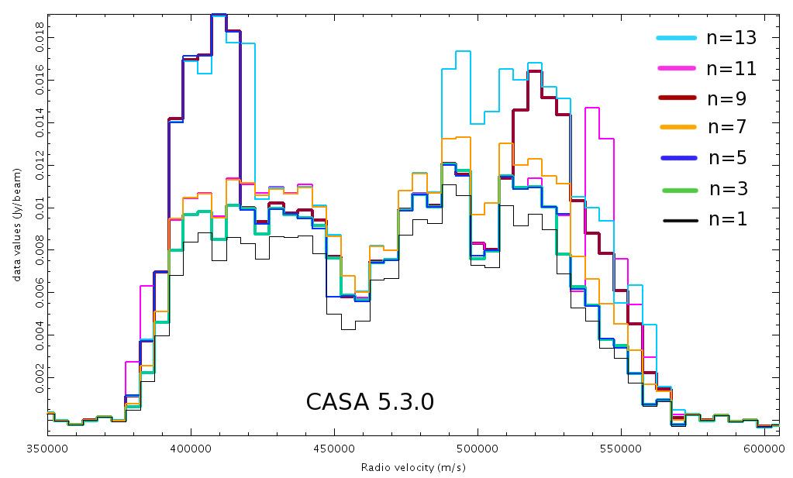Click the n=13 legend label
pos(731,38)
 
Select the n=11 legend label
pos(731,68)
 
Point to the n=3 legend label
pos(728,189)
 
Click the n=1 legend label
pos(728,219)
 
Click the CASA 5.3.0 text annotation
pos(370,402)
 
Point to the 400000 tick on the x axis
pos(191,449)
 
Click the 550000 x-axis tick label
pos(621,449)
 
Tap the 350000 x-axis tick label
pos(47,449)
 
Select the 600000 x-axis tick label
pos(764,449)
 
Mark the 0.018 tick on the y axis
pos(40,38)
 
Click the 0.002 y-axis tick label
pos(40,379)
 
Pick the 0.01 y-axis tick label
pos(40,208)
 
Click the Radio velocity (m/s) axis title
pos(413,468)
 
